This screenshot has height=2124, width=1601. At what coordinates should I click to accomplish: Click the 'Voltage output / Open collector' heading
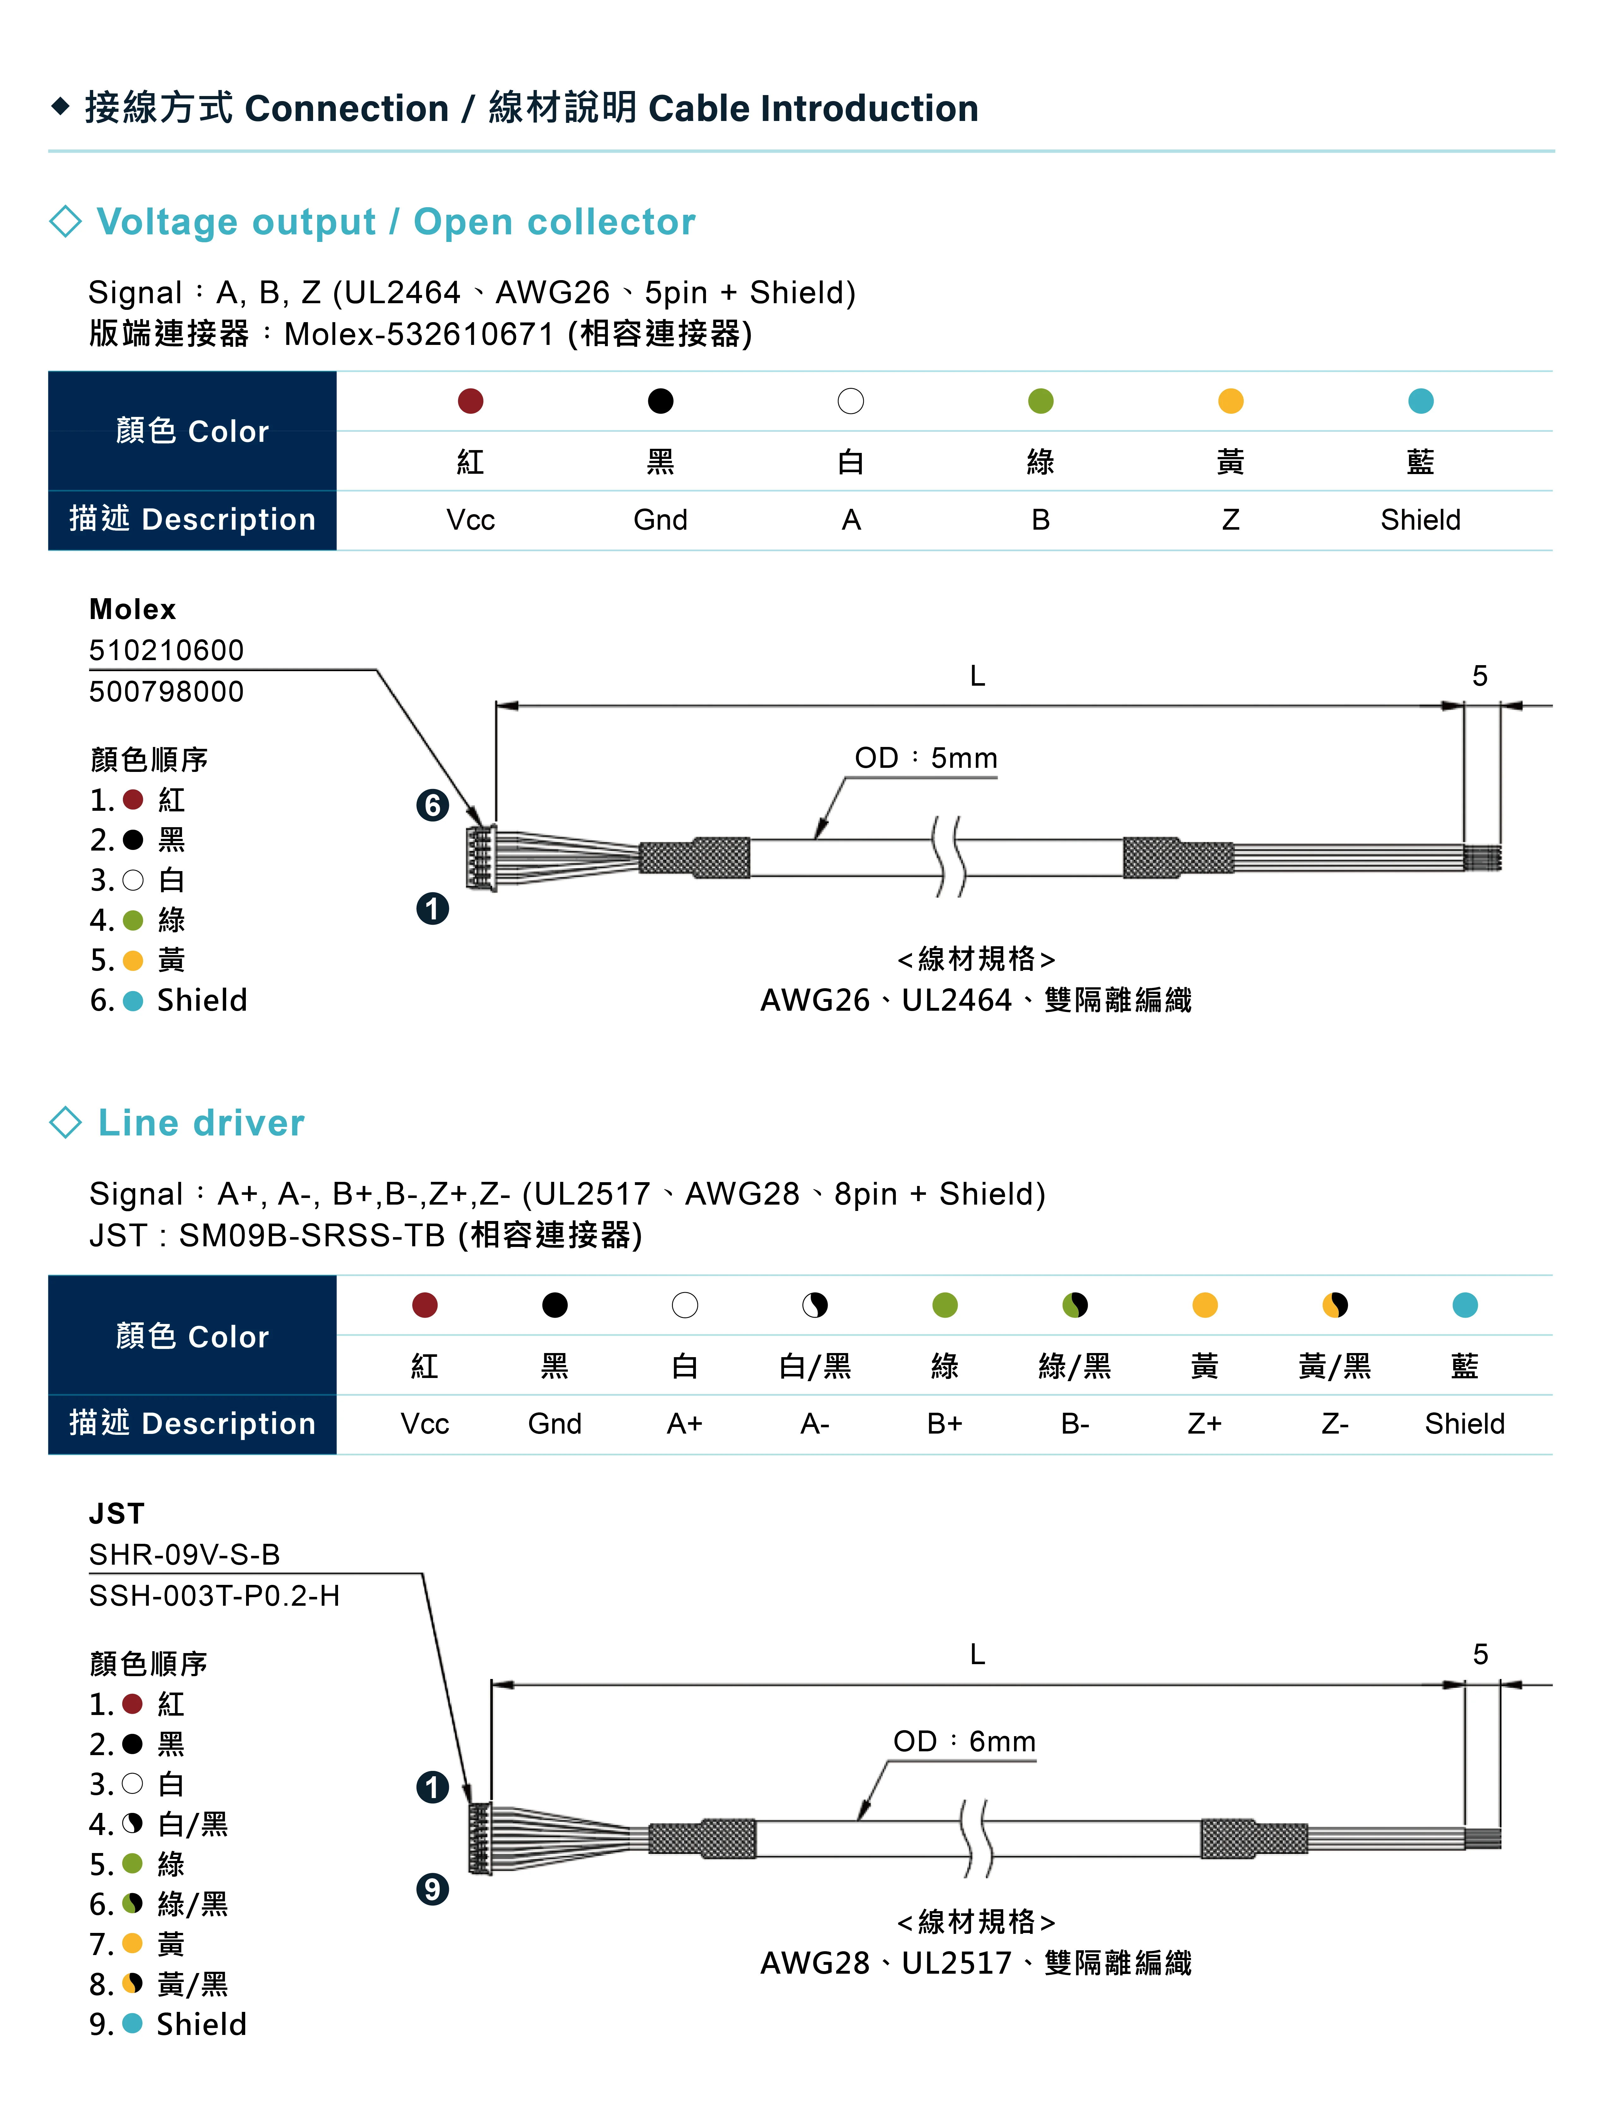coord(396,222)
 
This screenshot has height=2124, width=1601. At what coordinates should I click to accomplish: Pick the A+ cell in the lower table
coord(685,1424)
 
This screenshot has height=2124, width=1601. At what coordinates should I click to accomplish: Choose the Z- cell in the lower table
coord(1335,1424)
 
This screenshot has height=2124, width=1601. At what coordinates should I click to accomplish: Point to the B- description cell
coord(1075,1424)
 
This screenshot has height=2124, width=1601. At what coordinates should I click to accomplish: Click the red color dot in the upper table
coord(471,400)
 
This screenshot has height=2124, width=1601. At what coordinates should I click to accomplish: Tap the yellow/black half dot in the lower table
coord(1335,1305)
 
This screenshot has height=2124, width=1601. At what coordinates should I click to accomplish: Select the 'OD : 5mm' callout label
coord(926,759)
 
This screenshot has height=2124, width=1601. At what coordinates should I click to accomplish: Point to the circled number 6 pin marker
coord(432,805)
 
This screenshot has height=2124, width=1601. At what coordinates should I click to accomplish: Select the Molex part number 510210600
coord(166,650)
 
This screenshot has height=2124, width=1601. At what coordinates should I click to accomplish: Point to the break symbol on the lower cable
coord(977,1838)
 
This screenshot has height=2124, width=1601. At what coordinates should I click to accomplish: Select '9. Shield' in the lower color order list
coord(168,2024)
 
